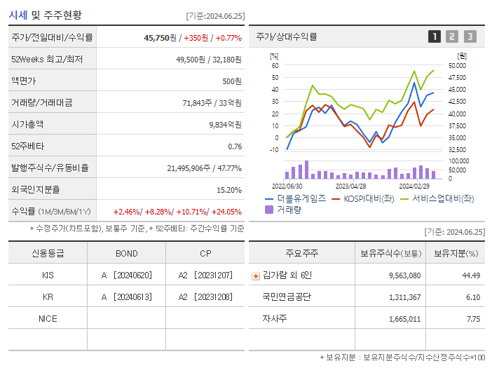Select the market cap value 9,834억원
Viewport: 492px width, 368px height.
[x=225, y=124]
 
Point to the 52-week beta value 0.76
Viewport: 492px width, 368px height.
[x=235, y=146]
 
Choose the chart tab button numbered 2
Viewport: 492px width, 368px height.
[x=452, y=36]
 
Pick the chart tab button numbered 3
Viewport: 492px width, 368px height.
[x=470, y=36]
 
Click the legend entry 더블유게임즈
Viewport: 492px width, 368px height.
[x=301, y=198]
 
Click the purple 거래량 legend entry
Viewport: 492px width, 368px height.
[x=288, y=209]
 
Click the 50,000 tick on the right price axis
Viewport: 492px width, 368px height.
[x=457, y=65]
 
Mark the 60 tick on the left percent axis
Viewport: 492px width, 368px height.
[x=275, y=65]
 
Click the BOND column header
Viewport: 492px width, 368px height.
[x=126, y=253]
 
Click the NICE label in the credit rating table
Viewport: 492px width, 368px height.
[x=48, y=318]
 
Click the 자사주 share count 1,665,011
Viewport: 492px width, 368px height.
[x=404, y=318]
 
